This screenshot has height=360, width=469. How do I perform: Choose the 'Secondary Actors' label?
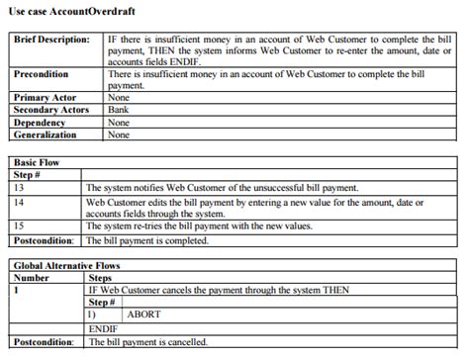(x=52, y=110)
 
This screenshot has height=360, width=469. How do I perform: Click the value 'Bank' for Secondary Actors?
(x=118, y=110)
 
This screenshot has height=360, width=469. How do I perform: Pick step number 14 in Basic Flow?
(x=21, y=201)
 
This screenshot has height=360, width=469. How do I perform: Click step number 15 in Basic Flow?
(x=21, y=225)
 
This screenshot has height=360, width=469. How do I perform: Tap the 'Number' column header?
(x=35, y=279)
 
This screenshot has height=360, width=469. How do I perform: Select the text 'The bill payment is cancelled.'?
(x=149, y=342)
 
